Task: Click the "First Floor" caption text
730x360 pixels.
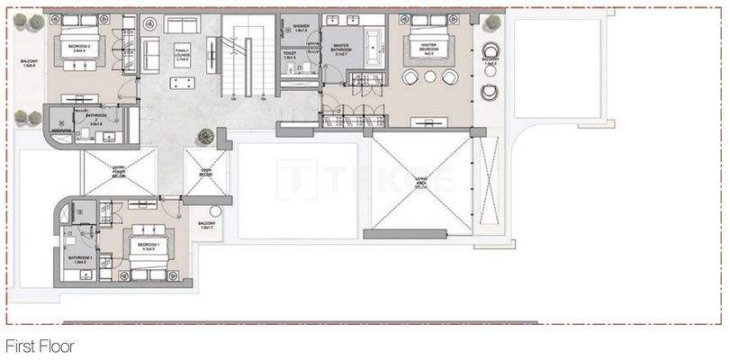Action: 39,346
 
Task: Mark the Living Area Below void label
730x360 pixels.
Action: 420,184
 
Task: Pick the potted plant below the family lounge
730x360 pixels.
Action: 206,136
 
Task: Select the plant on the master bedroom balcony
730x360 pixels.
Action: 492,22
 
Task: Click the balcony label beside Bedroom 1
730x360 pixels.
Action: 207,225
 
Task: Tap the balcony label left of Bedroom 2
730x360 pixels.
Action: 29,65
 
